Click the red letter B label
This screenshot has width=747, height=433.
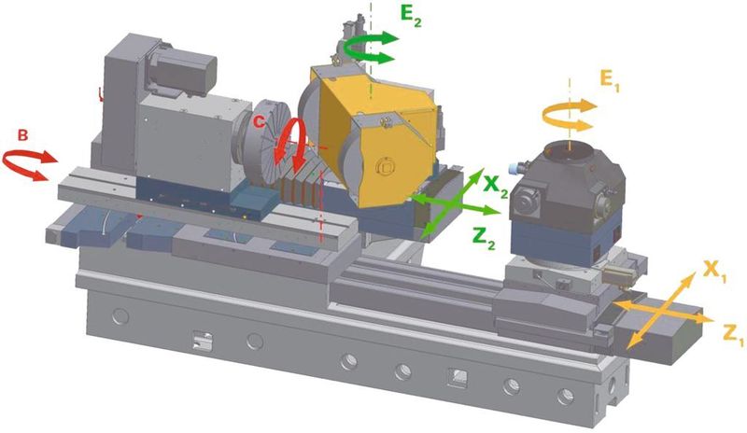[x=22, y=135]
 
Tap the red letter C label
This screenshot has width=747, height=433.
[x=259, y=122]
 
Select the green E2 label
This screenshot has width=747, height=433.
[x=411, y=15]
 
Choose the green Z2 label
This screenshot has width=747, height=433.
[x=484, y=238]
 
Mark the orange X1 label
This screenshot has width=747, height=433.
[x=714, y=272]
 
